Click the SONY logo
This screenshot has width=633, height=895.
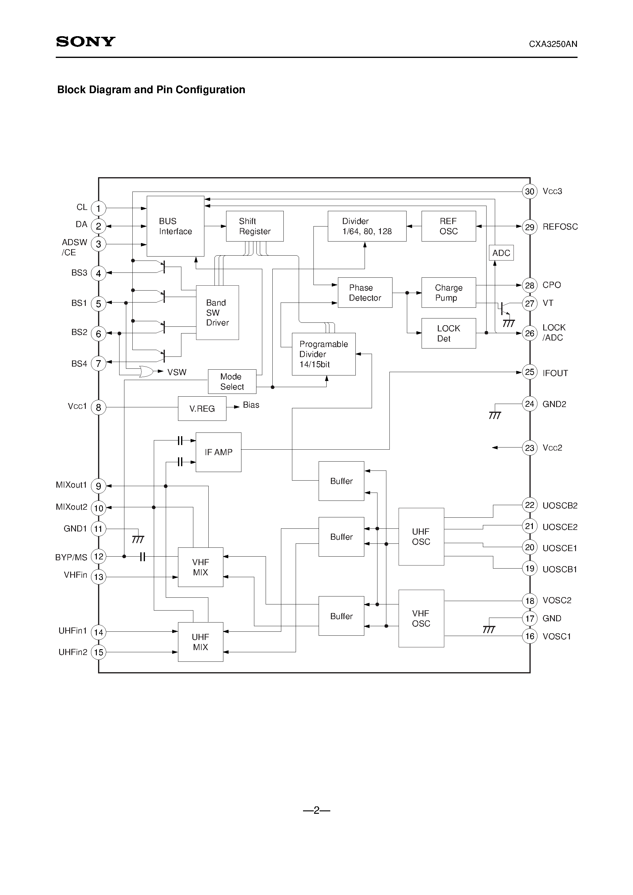(x=86, y=42)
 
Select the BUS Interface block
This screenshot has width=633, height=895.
(x=175, y=226)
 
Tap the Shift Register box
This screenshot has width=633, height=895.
(x=255, y=226)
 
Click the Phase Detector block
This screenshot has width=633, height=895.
(x=365, y=293)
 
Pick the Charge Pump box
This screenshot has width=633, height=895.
(x=448, y=293)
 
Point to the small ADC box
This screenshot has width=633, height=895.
(x=501, y=253)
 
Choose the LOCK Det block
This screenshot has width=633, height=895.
(x=448, y=333)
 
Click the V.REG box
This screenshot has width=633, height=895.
(x=202, y=409)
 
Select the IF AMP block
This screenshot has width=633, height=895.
(x=218, y=452)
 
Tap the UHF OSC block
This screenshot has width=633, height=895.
(x=421, y=537)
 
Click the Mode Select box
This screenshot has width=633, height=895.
(x=232, y=382)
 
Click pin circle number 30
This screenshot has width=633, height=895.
(x=529, y=191)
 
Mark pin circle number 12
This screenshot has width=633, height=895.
(x=99, y=556)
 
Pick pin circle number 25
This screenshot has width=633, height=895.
(x=529, y=372)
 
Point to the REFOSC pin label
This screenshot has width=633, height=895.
(x=560, y=227)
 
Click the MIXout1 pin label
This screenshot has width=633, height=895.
(x=71, y=485)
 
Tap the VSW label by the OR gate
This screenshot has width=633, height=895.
(x=177, y=372)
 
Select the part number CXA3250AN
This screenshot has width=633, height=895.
(x=553, y=44)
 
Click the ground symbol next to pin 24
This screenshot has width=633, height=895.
(x=495, y=416)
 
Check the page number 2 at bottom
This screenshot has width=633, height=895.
(x=316, y=811)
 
